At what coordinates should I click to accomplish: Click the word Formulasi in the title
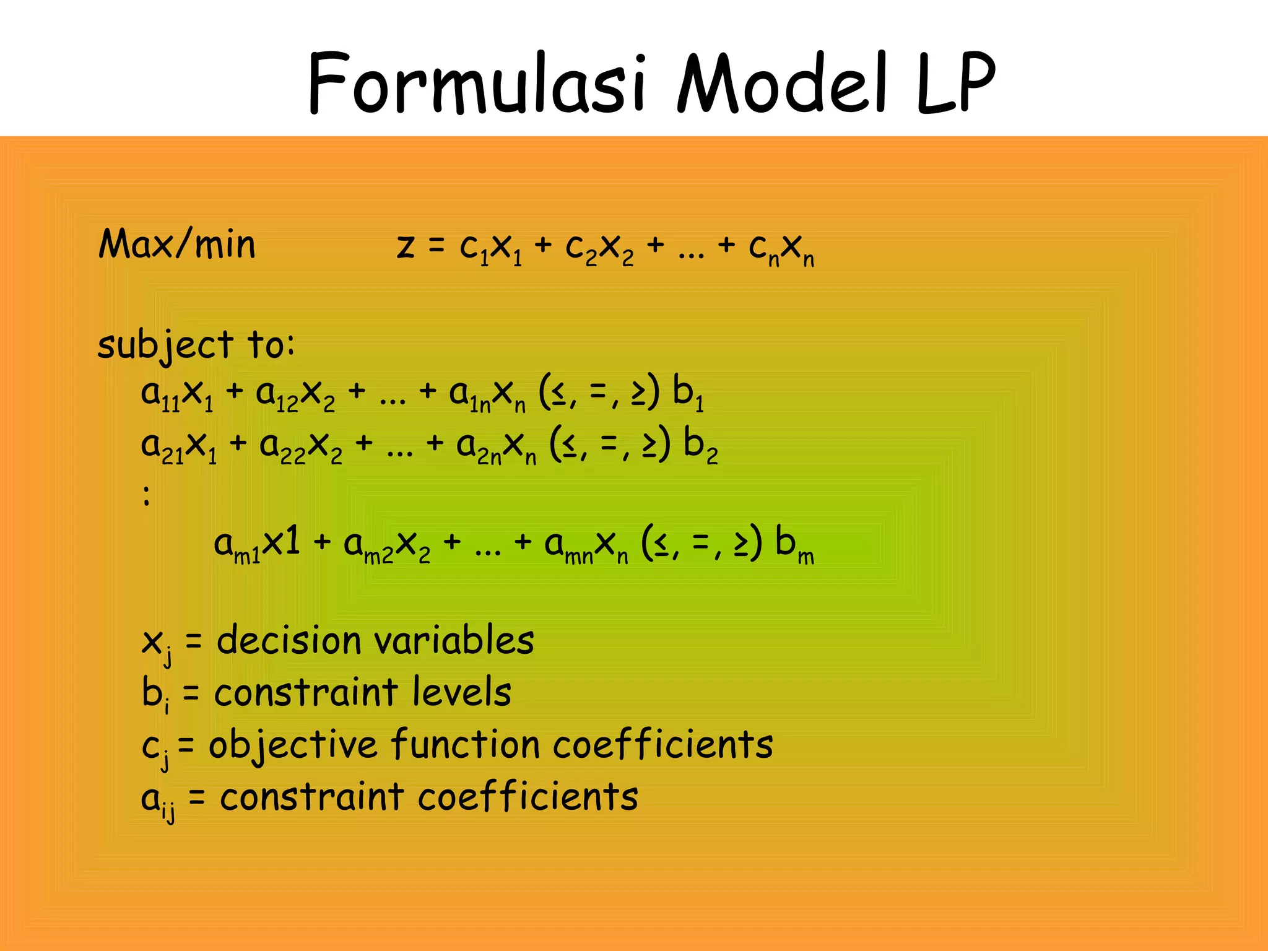(477, 84)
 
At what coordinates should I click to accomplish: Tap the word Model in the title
(783, 84)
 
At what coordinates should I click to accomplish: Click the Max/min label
(177, 245)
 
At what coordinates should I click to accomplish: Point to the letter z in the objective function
(406, 247)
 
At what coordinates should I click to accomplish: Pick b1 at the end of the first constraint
(688, 394)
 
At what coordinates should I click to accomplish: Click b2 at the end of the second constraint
(700, 446)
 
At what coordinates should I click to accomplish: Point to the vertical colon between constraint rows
(147, 495)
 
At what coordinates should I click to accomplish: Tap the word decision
(289, 640)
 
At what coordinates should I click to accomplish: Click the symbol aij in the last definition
(158, 800)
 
